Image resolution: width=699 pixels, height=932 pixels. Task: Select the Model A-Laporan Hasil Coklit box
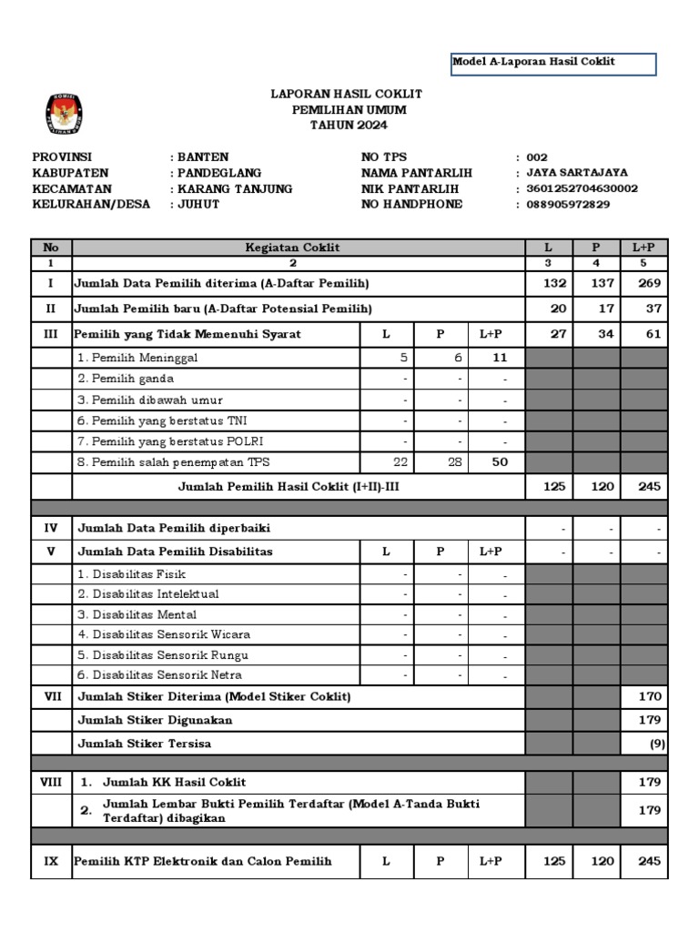(553, 63)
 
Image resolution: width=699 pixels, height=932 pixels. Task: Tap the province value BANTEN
(202, 157)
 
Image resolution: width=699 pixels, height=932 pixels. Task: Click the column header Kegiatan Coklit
(292, 247)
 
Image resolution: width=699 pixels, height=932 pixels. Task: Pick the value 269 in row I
(649, 284)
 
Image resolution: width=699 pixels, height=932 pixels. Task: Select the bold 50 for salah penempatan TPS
(500, 462)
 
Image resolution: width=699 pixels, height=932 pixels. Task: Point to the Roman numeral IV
(51, 528)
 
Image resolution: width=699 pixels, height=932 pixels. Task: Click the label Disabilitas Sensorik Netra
(159, 675)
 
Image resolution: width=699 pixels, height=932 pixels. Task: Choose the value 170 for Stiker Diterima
(649, 697)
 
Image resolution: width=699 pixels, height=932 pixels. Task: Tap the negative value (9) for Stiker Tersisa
(655, 745)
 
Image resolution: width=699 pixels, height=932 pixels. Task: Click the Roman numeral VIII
(51, 782)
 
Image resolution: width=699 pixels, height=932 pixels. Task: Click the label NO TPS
(384, 157)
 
